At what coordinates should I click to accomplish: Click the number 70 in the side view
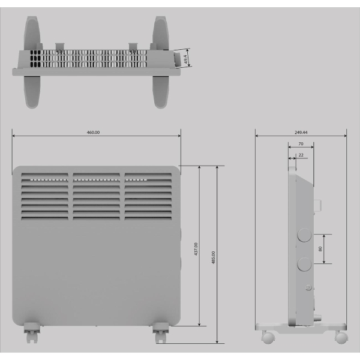click(300, 145)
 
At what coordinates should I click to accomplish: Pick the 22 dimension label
click(300, 155)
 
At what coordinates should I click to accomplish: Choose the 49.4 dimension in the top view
click(186, 59)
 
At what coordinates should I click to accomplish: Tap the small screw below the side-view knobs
click(308, 288)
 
